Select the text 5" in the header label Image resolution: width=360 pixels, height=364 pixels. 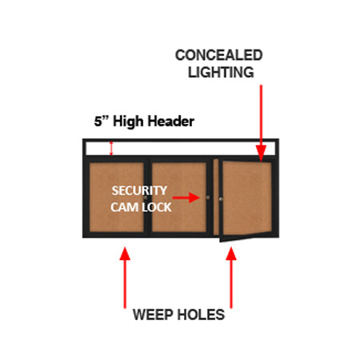click(x=100, y=122)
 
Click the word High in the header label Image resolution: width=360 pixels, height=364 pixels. click(x=130, y=122)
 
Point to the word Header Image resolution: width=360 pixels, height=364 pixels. click(x=170, y=122)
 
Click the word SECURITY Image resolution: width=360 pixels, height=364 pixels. click(x=139, y=190)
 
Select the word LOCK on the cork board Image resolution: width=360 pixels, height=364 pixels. click(x=154, y=204)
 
